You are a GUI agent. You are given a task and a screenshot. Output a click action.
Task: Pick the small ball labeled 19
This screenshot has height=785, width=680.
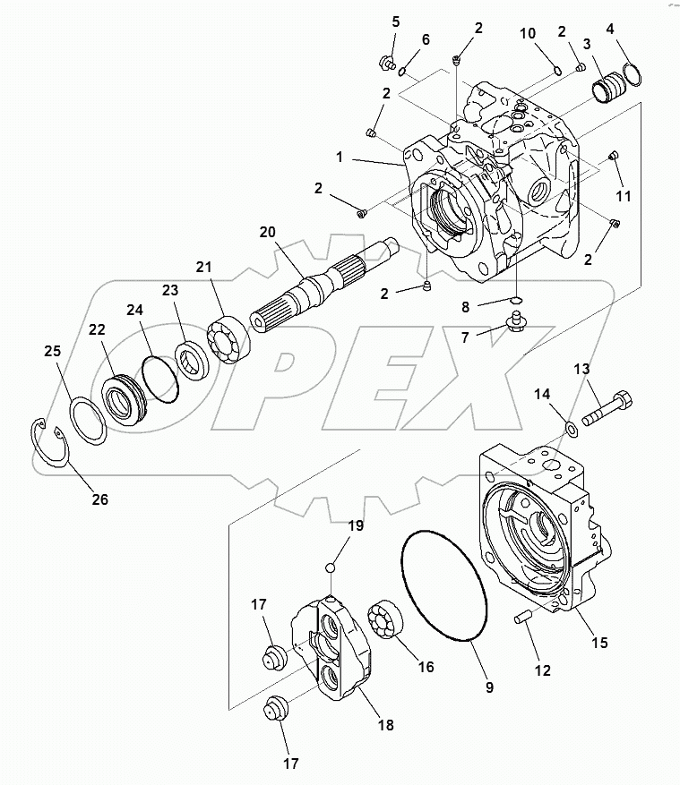(331, 566)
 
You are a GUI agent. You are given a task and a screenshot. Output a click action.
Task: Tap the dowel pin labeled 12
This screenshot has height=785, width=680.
(522, 617)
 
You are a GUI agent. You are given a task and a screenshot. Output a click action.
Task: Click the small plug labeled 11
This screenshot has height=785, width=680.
(614, 157)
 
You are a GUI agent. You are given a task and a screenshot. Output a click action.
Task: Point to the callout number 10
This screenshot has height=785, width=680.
(529, 33)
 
